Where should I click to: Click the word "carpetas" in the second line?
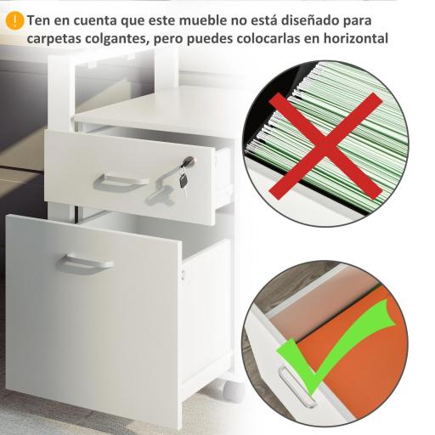pyautogui.click(x=57, y=39)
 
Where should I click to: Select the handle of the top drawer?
pyautogui.click(x=123, y=181)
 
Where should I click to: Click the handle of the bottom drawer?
pyautogui.click(x=85, y=264)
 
